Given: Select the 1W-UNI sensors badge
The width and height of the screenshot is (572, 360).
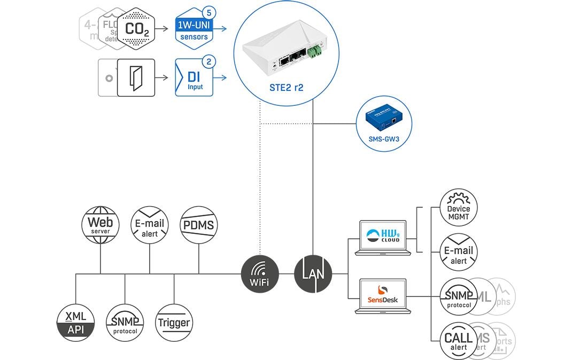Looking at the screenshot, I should pyautogui.click(x=194, y=30).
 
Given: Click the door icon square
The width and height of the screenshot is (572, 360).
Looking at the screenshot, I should pyautogui.click(x=136, y=78).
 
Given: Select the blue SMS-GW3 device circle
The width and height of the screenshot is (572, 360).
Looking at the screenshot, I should pyautogui.click(x=384, y=124).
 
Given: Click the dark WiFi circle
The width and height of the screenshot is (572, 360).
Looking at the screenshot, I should pyautogui.click(x=260, y=274).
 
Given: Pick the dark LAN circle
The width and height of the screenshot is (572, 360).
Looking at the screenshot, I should pyautogui.click(x=313, y=274).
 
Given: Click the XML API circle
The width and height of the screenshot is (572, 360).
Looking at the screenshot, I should pyautogui.click(x=76, y=322).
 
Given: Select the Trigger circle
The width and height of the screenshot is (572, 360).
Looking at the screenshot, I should pyautogui.click(x=174, y=322).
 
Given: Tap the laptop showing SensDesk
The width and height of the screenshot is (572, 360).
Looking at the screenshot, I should pyautogui.click(x=383, y=296).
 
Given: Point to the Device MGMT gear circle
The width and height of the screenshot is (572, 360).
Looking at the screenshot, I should pyautogui.click(x=458, y=208).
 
